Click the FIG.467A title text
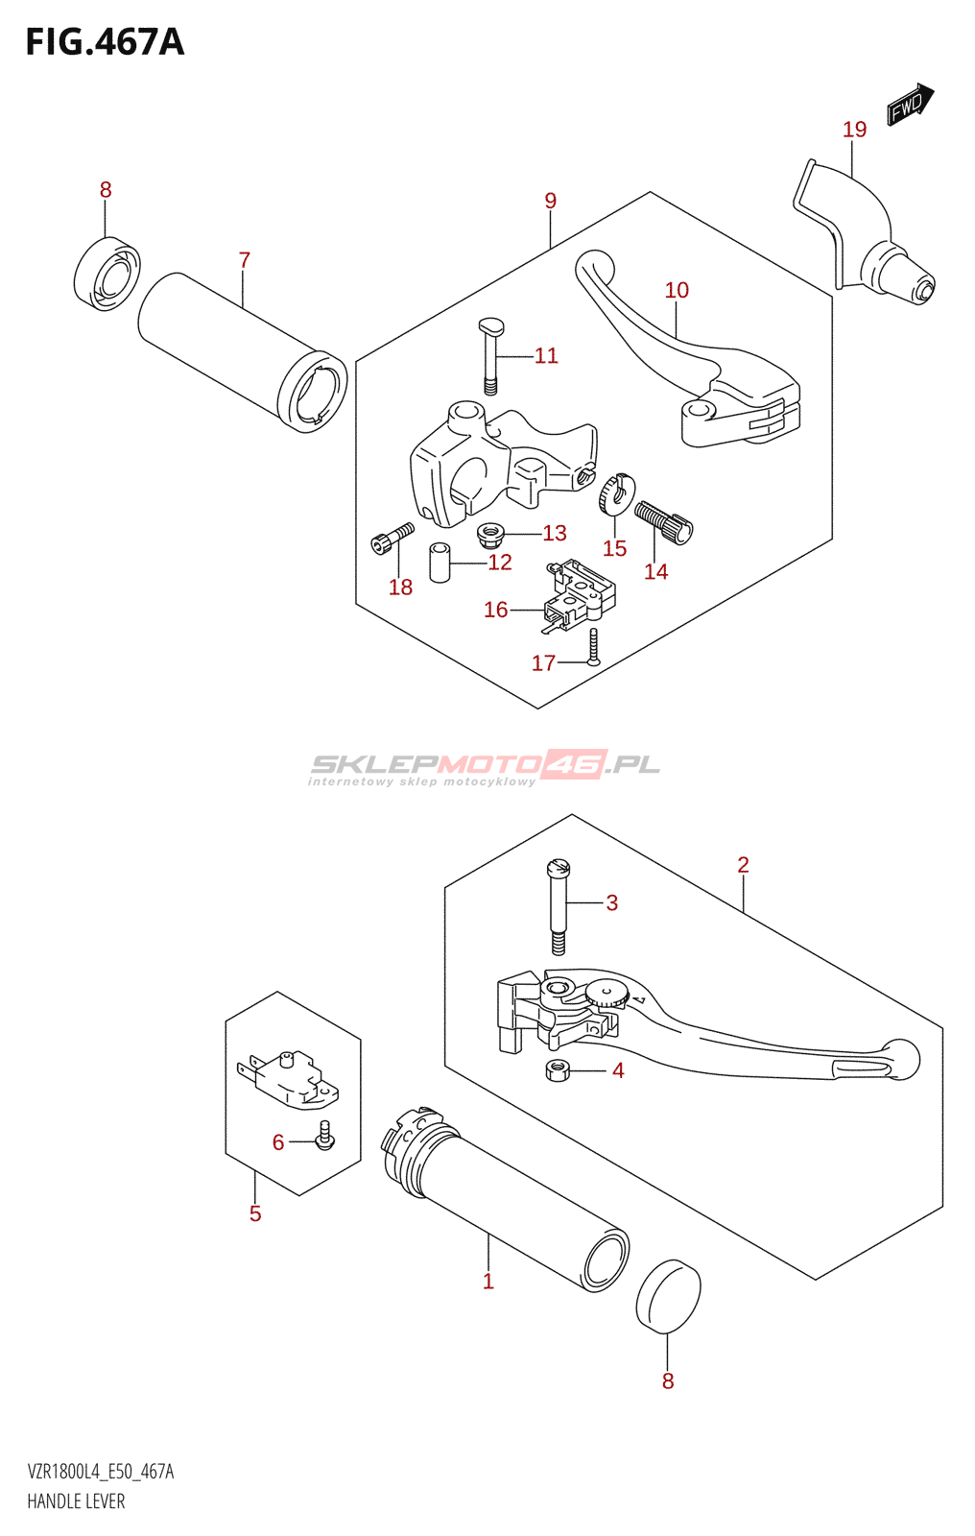tap(105, 42)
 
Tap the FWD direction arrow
tap(911, 105)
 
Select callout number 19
tap(854, 129)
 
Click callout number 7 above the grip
tap(244, 260)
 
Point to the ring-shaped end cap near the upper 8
tap(107, 274)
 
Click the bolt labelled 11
tap(489, 356)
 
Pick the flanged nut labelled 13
tap(489, 537)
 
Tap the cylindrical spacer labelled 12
tap(440, 563)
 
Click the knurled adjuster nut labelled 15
tap(616, 493)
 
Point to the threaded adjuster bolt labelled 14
tap(664, 522)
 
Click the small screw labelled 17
tap(593, 646)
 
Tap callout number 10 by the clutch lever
tap(676, 290)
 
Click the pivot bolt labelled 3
tap(559, 907)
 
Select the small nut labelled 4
tap(559, 1069)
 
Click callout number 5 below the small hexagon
tap(255, 1213)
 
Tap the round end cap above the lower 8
tap(668, 1296)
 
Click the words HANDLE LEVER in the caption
tap(76, 1501)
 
